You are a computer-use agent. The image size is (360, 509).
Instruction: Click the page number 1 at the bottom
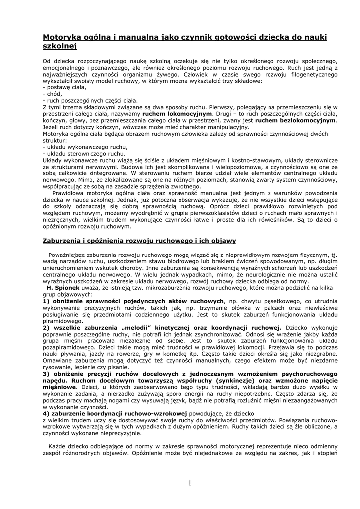[x=190, y=482]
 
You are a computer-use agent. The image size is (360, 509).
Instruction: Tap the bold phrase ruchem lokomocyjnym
[x=170, y=113]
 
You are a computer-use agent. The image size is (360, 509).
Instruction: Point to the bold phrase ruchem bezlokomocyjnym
[x=303, y=120]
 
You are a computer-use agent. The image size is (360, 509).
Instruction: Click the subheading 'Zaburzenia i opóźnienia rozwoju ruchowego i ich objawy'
[x=139, y=241]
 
